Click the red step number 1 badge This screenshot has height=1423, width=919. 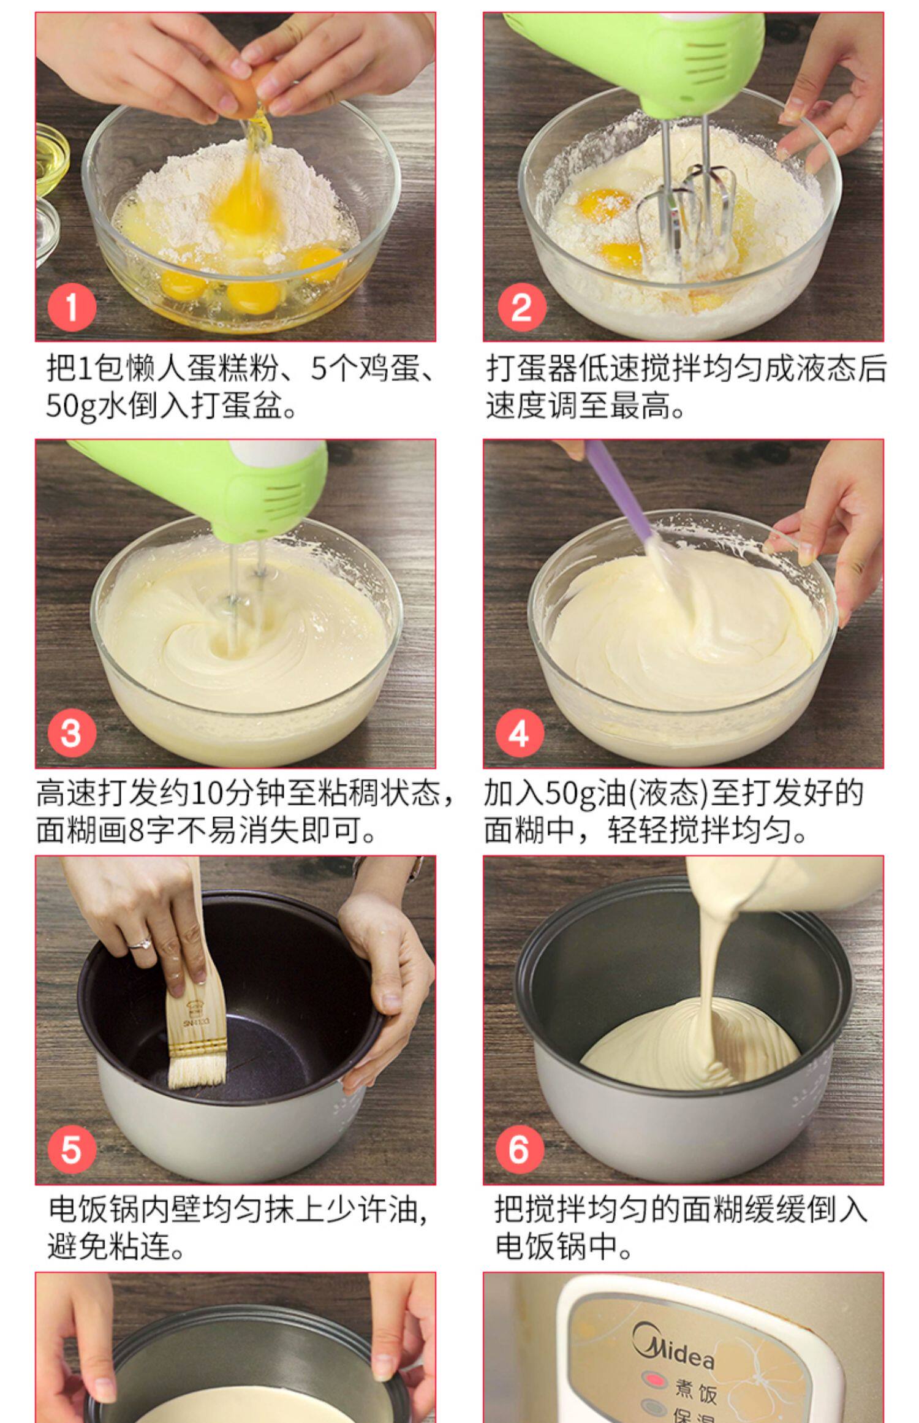72,306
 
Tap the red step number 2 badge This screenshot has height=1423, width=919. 521,306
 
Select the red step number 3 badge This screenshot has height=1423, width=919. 72,732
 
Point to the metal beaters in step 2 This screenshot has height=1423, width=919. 686,214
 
